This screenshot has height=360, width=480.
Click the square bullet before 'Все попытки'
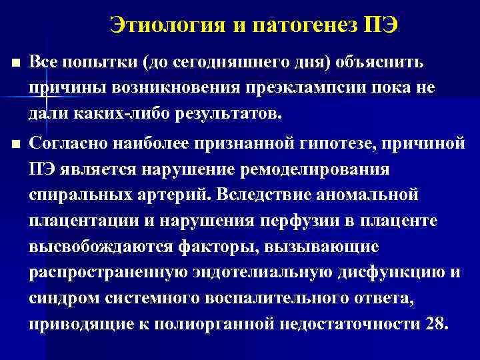[17, 63]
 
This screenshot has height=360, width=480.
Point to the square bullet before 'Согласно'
[17, 142]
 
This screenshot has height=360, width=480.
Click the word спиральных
[79, 195]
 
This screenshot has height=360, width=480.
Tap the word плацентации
[80, 221]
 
